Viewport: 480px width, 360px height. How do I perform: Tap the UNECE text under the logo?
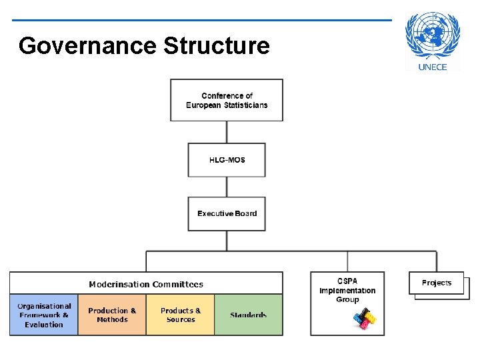(x=432, y=67)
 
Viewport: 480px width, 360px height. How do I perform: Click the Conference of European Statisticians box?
(x=227, y=100)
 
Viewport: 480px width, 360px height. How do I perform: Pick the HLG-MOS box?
(x=227, y=160)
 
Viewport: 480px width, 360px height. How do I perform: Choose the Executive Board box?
(x=227, y=213)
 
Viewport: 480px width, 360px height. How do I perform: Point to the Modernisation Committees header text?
(x=146, y=284)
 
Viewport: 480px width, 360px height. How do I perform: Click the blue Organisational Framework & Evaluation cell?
(x=44, y=315)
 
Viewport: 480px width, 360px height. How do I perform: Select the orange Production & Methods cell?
(x=112, y=315)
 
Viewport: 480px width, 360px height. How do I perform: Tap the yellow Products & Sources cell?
(x=181, y=315)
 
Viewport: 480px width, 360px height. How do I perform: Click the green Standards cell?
(x=249, y=315)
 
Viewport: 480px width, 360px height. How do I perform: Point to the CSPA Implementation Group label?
(x=347, y=290)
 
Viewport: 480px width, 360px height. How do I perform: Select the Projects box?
(x=437, y=283)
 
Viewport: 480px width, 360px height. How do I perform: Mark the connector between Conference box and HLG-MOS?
(x=227, y=132)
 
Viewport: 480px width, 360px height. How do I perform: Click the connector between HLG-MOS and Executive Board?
(x=227, y=187)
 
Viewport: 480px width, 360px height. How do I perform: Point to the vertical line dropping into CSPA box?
(x=347, y=261)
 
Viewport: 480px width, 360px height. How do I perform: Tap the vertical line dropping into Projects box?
(x=437, y=261)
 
